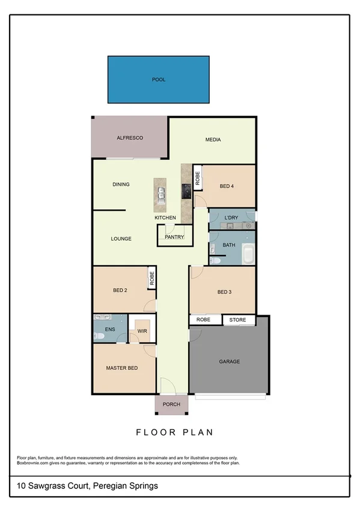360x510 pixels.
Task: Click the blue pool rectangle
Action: click(x=159, y=79)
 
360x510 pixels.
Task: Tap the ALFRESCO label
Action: click(x=129, y=138)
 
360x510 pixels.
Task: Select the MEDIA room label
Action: click(x=213, y=140)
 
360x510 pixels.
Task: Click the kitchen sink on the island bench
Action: click(x=162, y=193)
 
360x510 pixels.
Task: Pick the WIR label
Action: click(x=142, y=330)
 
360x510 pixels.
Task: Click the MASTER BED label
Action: click(x=122, y=367)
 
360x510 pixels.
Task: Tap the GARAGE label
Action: click(x=229, y=361)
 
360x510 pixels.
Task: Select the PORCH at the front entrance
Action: click(x=171, y=404)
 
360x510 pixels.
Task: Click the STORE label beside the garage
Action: click(x=239, y=320)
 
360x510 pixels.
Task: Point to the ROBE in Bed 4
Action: click(x=197, y=178)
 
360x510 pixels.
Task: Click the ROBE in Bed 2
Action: click(x=152, y=278)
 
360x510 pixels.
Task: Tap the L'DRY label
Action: click(x=231, y=217)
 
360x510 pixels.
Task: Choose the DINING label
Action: click(x=121, y=185)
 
